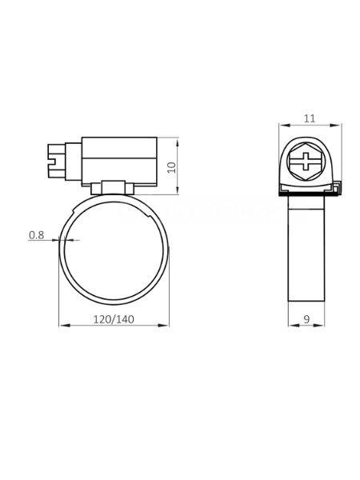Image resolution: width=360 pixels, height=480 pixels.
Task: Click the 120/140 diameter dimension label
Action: (114, 319)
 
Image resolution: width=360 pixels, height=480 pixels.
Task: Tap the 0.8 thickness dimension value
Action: (37, 235)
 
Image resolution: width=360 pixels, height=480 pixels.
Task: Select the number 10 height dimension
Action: (173, 167)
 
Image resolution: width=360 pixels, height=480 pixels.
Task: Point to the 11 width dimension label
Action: (310, 118)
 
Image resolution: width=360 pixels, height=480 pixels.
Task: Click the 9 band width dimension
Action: (306, 319)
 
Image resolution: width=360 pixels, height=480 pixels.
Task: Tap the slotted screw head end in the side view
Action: (57, 161)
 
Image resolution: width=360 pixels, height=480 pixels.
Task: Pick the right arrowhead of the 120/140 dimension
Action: (163, 326)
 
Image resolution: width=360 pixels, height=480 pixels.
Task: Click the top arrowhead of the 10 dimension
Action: (178, 143)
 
